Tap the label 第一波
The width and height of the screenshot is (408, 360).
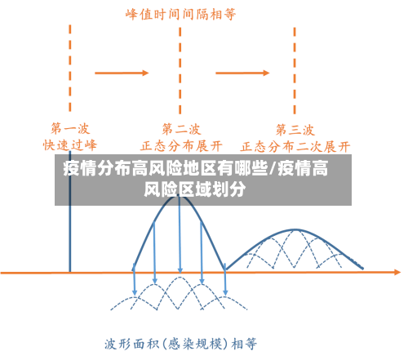point(69,128)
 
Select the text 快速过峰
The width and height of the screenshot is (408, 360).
point(69,144)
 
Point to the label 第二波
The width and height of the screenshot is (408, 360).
point(180,128)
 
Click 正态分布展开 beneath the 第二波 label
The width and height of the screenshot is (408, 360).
point(181,145)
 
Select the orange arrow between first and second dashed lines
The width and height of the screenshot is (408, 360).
point(122,73)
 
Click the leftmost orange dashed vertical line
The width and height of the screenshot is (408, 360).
point(70,65)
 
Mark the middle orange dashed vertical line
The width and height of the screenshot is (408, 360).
point(180,65)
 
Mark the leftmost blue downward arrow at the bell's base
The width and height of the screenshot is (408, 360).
point(135,282)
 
